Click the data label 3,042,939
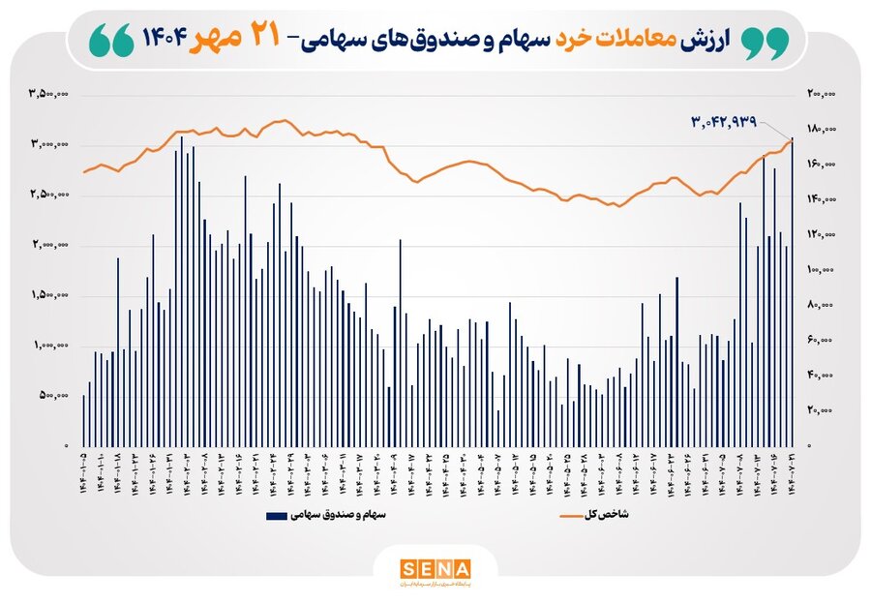[736, 122]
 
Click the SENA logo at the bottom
[435, 567]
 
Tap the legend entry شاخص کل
[609, 515]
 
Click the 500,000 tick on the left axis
[52, 395]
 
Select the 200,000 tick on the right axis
[820, 94]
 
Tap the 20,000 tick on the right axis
[822, 410]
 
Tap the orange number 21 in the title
[260, 38]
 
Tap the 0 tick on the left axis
[66, 445]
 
